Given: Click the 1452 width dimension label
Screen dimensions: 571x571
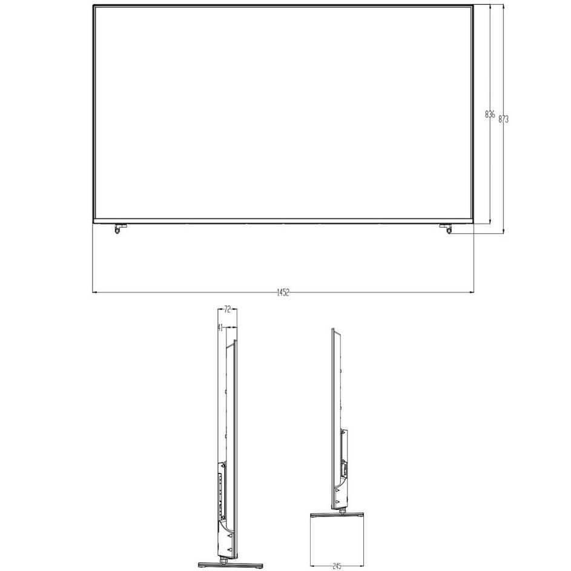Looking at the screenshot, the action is [x=283, y=292].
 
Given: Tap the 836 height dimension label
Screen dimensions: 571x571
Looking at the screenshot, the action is [x=490, y=114].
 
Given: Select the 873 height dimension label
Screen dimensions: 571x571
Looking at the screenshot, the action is [x=503, y=119].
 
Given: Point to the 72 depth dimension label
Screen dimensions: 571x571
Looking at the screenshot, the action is [x=227, y=309].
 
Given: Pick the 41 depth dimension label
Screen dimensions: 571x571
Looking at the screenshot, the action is [x=220, y=328].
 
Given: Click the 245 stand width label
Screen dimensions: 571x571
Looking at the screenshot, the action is [x=337, y=566].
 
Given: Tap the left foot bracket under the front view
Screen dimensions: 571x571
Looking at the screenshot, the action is [x=119, y=228].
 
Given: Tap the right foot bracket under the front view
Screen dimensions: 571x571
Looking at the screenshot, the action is [x=446, y=228].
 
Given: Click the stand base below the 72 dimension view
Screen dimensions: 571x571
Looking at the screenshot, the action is [x=230, y=565].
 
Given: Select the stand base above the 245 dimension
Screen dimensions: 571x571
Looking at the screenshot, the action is [x=337, y=515].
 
